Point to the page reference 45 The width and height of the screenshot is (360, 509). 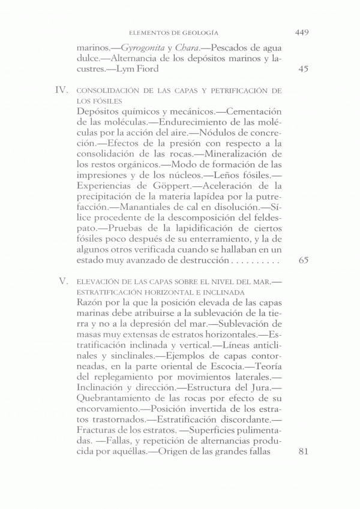303,69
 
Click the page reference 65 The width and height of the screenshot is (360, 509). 303,261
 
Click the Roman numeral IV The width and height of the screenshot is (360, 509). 61,91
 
